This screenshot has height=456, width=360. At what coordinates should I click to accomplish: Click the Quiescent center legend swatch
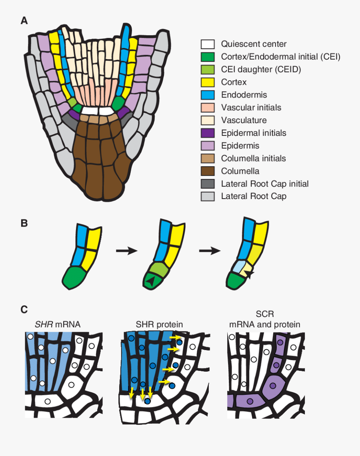tap(208, 44)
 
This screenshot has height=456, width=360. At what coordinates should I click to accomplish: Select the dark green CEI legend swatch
tap(208, 57)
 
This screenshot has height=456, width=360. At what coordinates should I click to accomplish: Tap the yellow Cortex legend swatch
tap(208, 82)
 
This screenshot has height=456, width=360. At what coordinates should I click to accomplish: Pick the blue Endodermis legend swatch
tap(208, 95)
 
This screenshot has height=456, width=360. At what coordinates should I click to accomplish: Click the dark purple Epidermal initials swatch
tap(208, 133)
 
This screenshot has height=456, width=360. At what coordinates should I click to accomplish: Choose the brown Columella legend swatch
tap(208, 171)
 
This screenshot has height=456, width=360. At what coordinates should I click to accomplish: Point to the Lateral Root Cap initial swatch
tap(208, 184)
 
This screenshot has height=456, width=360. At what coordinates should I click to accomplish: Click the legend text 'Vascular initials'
tap(251, 108)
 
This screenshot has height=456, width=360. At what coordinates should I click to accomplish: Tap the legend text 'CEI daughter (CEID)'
tap(261, 70)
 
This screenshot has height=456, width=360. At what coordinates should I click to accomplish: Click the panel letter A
tap(24, 21)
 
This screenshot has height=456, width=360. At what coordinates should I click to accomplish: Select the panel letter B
tap(24, 223)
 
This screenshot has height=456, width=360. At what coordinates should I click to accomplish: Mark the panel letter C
tap(24, 309)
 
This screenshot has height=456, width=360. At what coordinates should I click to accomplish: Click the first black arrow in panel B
tap(126, 251)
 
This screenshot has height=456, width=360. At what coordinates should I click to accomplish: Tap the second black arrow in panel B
tap(210, 251)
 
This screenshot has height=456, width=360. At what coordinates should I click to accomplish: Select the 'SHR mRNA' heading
tap(58, 325)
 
